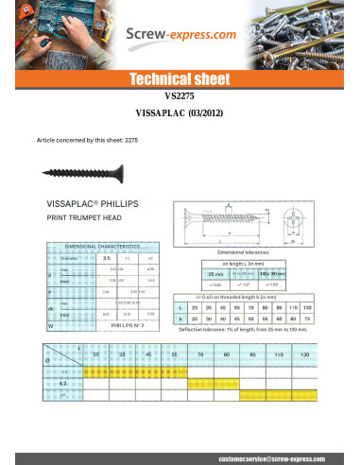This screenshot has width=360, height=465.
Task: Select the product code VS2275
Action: [x=179, y=95]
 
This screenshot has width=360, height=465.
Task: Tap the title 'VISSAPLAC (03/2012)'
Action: [x=179, y=112]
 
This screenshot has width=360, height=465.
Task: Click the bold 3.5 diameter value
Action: [x=107, y=256]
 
